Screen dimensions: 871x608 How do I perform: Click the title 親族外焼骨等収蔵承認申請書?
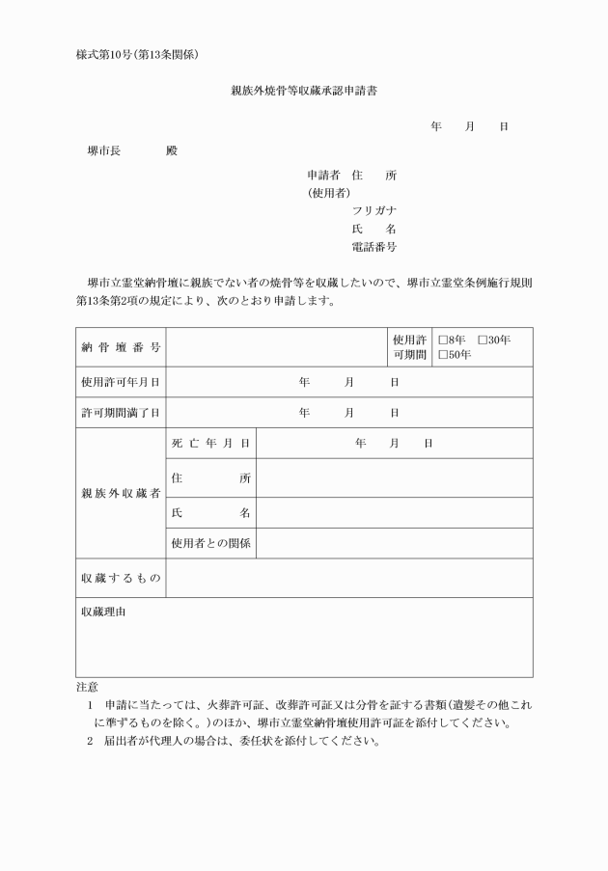click(303, 92)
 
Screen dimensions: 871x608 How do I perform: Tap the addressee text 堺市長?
click(102, 151)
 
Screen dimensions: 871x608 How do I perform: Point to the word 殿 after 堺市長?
click(172, 151)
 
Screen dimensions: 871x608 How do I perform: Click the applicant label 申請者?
click(323, 176)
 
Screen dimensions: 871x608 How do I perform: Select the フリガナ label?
click(374, 210)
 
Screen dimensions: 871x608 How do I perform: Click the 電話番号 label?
click(374, 248)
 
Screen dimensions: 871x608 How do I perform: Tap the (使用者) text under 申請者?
click(328, 193)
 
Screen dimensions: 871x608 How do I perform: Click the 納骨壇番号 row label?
click(121, 347)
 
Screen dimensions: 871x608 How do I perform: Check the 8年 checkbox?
click(443, 340)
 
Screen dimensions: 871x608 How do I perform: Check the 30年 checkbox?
click(483, 340)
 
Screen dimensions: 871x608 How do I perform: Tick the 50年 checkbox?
click(443, 355)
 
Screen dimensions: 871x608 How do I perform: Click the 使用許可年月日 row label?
click(121, 382)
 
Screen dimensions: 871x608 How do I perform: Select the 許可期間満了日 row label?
click(121, 413)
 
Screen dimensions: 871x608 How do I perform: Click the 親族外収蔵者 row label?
click(121, 493)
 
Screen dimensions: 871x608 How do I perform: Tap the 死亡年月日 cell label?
click(211, 443)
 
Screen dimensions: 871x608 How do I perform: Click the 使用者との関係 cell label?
click(211, 543)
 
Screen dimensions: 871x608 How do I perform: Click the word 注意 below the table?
click(87, 687)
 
